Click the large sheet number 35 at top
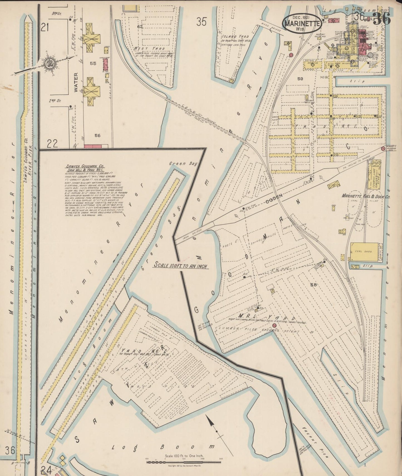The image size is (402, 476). pos(201,22)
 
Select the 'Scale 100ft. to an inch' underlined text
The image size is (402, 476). pos(181,266)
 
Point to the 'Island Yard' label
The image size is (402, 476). pos(235,36)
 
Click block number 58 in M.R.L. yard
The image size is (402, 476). pos(314,284)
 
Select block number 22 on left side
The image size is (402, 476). pos(52,143)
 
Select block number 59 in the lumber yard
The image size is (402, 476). pos(300,79)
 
